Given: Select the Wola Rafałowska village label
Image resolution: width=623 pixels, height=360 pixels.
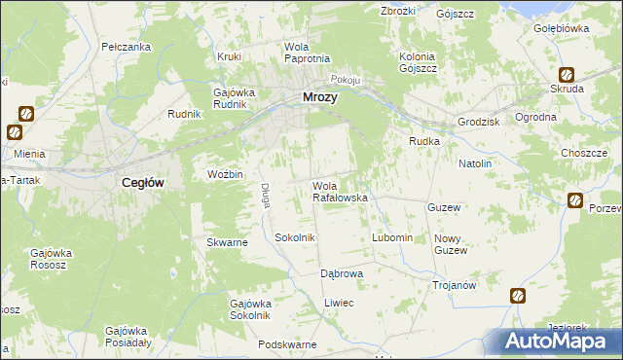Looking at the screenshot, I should point(339,192).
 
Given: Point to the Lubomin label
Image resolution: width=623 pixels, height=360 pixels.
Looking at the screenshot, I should point(392,238).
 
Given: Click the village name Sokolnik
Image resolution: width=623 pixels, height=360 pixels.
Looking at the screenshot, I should point(295,237).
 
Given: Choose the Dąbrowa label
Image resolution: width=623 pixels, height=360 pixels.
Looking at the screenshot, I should point(342,273).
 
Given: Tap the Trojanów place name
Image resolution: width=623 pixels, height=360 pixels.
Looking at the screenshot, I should point(454,285).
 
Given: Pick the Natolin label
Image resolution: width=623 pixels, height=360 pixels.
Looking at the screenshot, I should point(475,163).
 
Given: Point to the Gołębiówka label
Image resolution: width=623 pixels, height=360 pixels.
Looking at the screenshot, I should point(562,28).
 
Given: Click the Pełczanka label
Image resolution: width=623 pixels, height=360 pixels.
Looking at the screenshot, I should point(126,47).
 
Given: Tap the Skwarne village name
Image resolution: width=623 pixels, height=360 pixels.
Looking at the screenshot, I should point(227,242).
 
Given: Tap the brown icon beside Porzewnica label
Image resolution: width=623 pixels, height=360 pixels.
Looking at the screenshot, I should point(575,200).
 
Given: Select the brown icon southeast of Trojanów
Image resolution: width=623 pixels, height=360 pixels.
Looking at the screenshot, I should point(518,295).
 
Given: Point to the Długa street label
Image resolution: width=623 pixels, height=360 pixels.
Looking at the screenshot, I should point(264,196).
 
